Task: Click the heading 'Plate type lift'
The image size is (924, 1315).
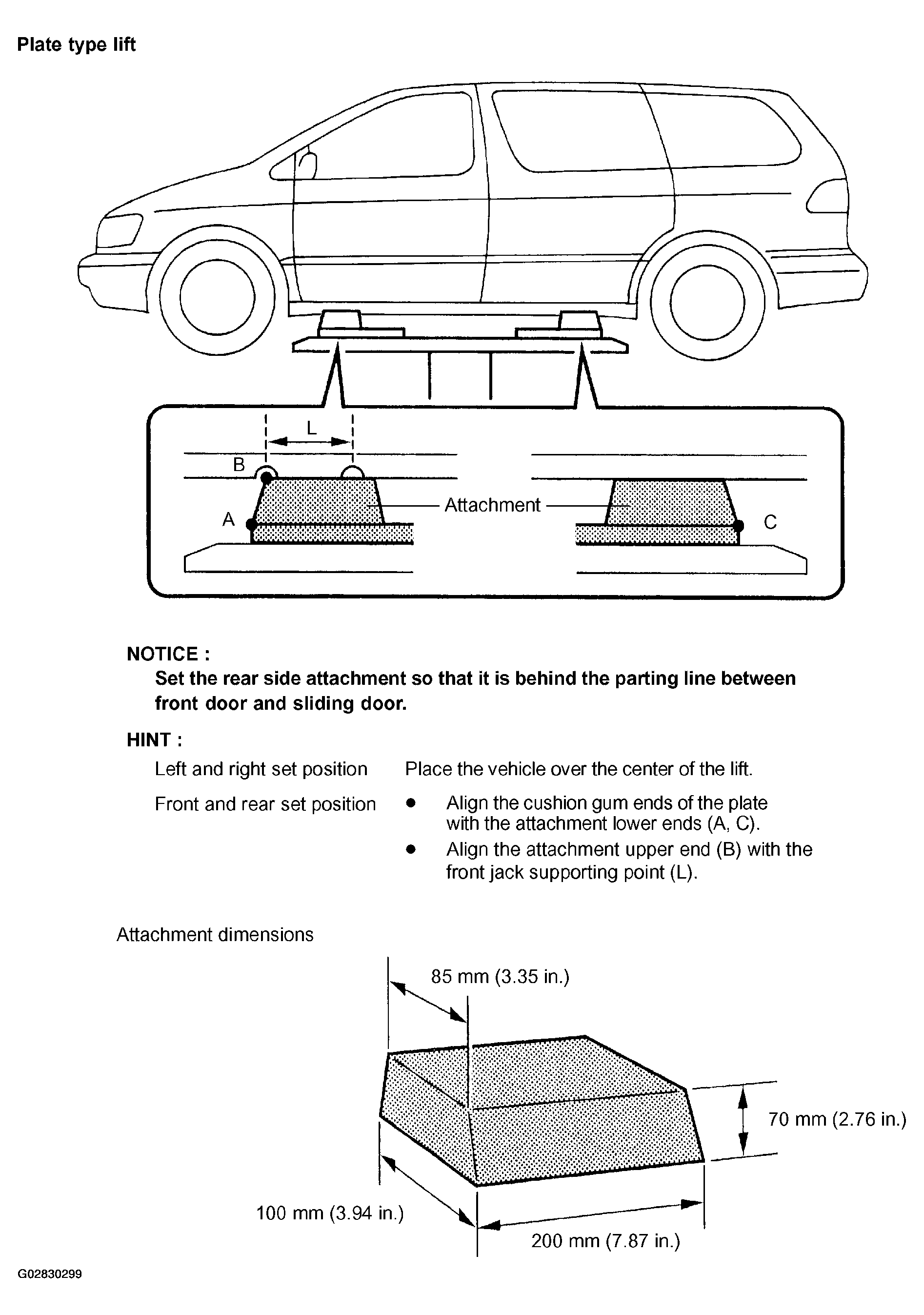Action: point(76,45)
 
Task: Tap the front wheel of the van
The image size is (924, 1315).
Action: point(217,297)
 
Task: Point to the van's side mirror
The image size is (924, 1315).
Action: point(307,165)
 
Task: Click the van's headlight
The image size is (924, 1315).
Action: point(119,230)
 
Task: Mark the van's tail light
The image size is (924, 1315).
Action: point(826,196)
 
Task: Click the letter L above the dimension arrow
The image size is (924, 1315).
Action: point(311,427)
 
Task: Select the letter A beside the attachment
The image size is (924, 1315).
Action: point(228,519)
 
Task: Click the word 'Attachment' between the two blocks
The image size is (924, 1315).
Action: point(492,505)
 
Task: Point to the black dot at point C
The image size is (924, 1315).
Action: point(739,525)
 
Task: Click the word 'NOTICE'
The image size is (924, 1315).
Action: point(168,654)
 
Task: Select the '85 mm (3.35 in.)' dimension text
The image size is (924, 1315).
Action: point(500,976)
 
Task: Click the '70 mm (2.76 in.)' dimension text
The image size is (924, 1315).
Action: point(837,1119)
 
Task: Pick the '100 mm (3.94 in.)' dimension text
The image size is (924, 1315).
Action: point(330,1212)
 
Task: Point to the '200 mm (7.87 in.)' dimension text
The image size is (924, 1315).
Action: point(605,1240)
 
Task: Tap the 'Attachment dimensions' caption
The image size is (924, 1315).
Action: point(215,934)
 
